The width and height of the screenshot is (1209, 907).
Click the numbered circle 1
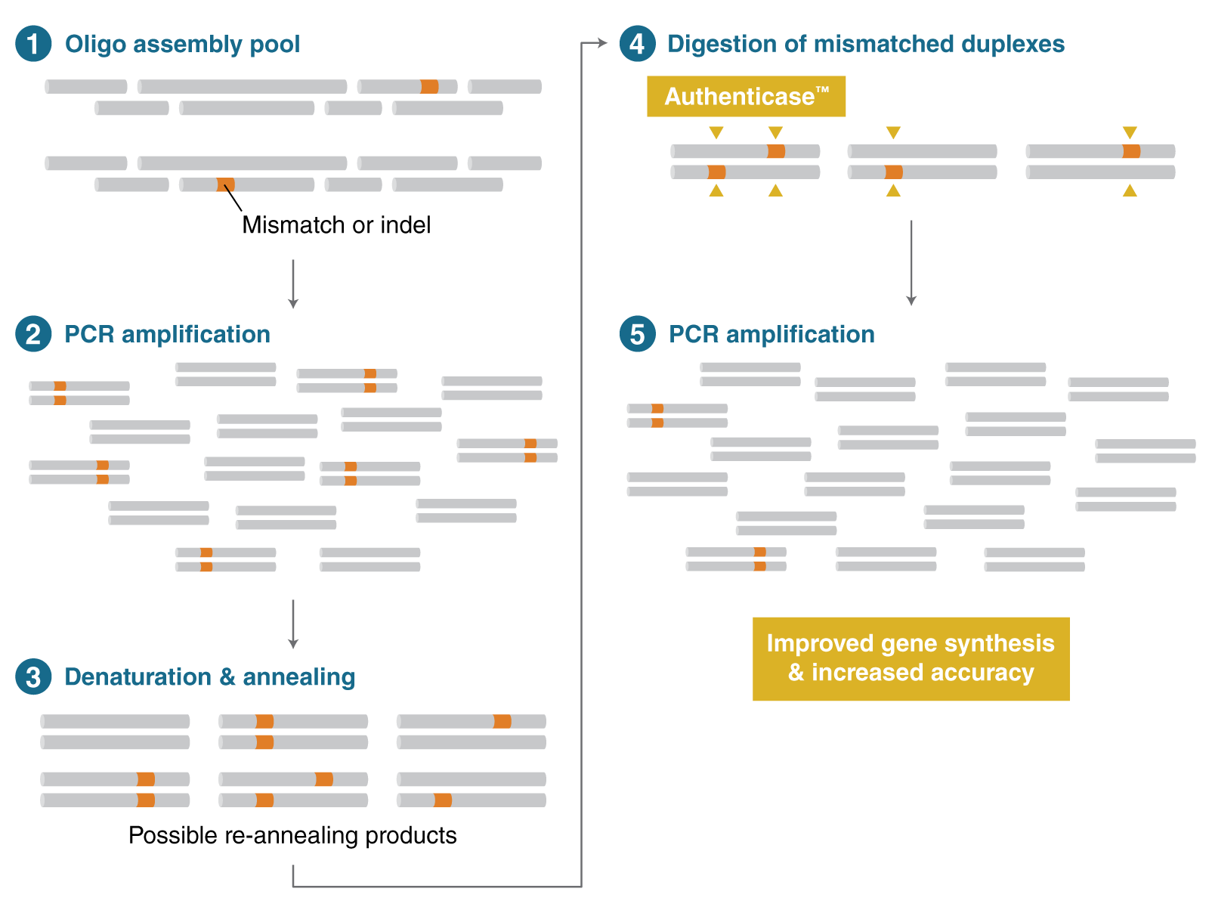[33, 44]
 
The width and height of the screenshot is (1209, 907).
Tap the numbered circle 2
[33, 334]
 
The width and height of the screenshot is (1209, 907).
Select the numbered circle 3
[33, 677]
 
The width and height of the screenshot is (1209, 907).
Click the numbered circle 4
[637, 44]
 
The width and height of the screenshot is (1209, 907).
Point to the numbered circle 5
[637, 334]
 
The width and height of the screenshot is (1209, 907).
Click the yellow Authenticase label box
[746, 97]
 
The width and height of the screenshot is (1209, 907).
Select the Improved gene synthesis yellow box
[911, 658]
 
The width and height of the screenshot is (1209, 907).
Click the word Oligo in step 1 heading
[95, 45]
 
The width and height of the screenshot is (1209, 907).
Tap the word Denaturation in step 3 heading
[138, 677]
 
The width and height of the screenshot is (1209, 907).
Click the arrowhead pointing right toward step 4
[602, 43]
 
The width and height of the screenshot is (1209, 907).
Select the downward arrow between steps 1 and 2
[293, 284]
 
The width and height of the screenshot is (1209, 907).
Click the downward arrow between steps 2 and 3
[293, 624]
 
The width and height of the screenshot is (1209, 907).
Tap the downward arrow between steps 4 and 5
[911, 263]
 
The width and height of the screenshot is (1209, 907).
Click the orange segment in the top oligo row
[429, 87]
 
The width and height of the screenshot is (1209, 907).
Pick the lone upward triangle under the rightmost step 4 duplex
[1130, 190]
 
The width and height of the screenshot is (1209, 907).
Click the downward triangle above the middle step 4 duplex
[893, 133]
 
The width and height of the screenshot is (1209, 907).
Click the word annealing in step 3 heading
[298, 677]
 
